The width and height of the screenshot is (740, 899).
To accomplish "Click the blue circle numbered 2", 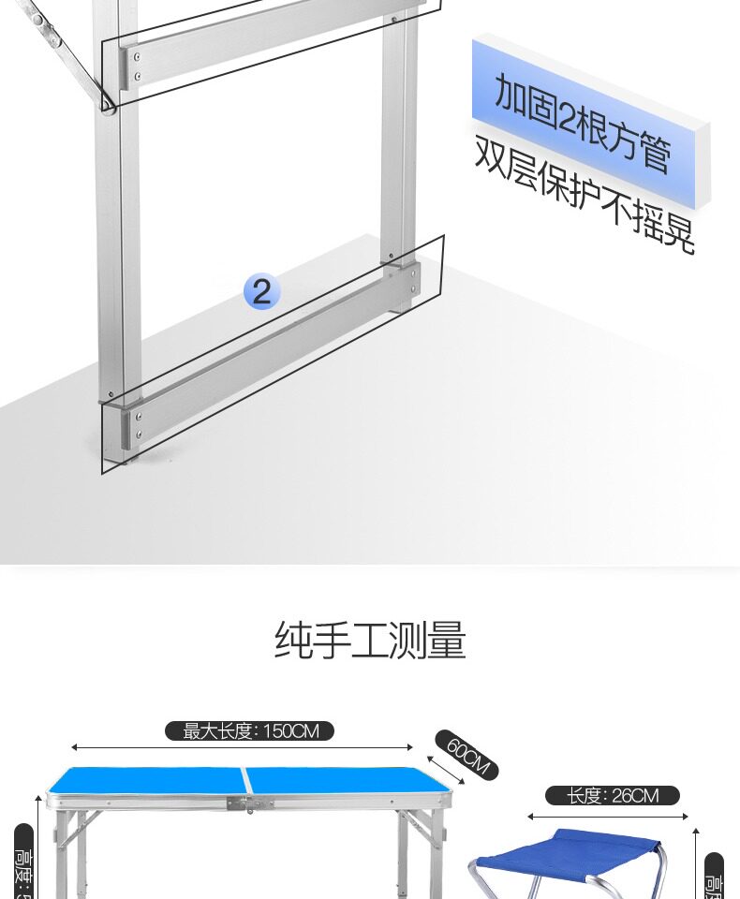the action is (261, 291).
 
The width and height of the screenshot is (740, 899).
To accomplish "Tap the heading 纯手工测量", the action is (370, 641).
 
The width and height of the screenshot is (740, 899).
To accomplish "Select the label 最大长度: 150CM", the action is (249, 730).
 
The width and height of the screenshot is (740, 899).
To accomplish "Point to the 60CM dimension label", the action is (466, 755).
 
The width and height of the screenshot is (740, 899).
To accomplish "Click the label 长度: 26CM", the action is (612, 796).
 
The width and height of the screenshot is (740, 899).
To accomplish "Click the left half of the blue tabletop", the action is (150, 781).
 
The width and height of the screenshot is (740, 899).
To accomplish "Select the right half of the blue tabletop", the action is (347, 782).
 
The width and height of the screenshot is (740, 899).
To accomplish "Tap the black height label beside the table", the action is (22, 862).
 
